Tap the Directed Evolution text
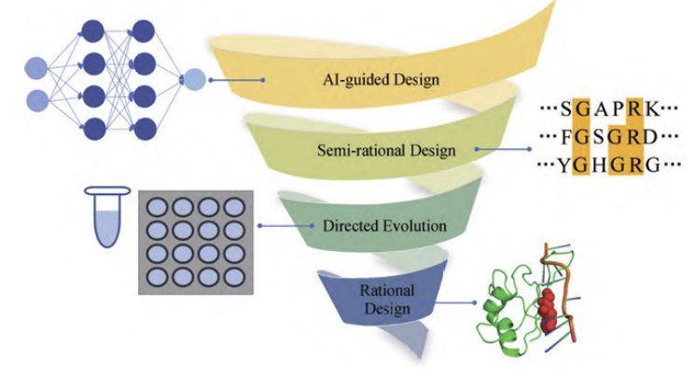point(383,226)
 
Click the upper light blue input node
point(35,68)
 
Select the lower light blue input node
point(35,101)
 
